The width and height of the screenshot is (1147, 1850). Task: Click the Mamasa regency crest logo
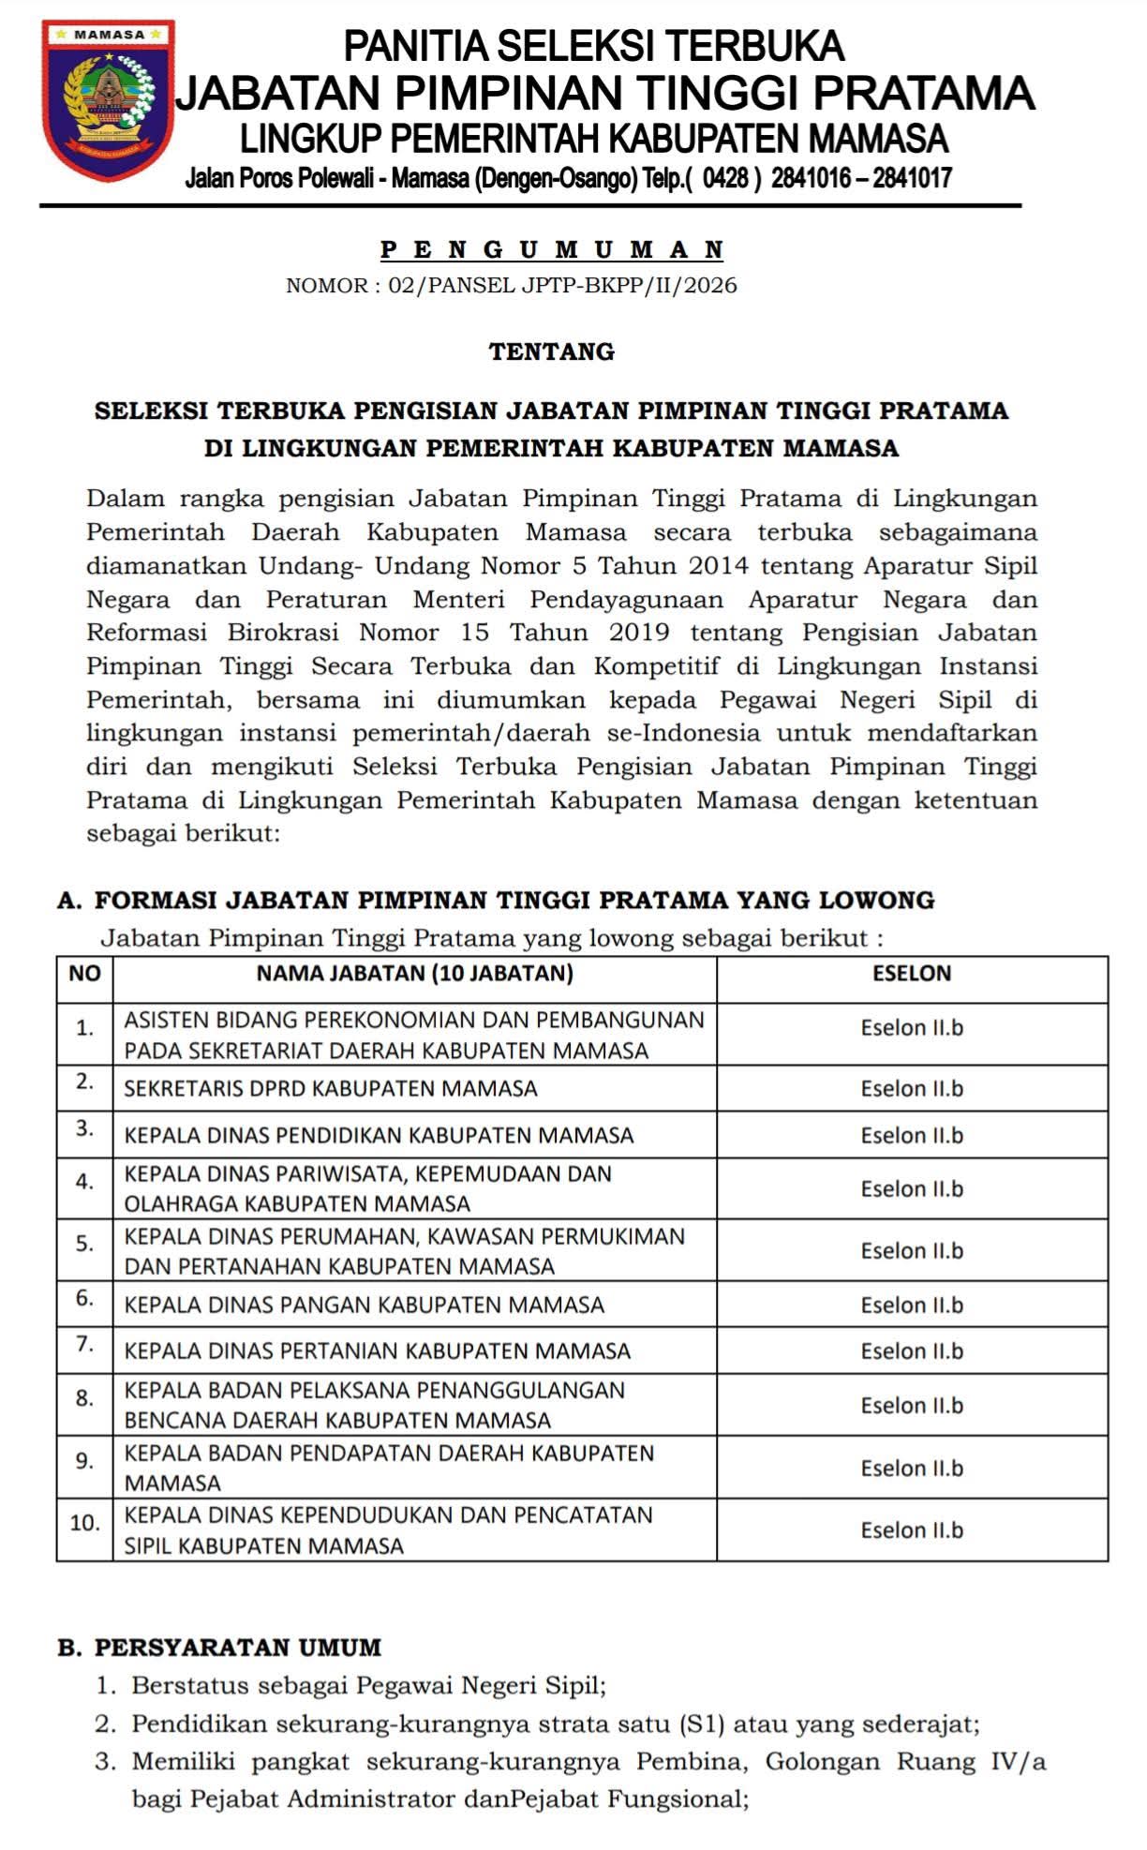(108, 98)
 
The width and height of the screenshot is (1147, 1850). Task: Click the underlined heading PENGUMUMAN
(552, 250)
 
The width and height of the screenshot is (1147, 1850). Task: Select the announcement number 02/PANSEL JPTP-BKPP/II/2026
(563, 286)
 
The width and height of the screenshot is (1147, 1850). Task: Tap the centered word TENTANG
(552, 352)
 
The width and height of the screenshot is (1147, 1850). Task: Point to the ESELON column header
(911, 974)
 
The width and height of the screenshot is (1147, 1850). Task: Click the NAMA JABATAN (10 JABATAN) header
(414, 974)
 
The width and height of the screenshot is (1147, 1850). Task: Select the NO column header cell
(84, 974)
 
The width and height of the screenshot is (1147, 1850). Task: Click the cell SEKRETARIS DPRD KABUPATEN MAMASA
(331, 1089)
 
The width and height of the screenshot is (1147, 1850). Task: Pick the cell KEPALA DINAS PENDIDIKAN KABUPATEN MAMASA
(379, 1136)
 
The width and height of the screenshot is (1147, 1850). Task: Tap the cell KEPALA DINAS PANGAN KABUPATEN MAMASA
(364, 1305)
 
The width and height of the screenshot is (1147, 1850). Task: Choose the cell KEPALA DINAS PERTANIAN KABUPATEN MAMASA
(377, 1351)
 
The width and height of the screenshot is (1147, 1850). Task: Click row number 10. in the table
(84, 1523)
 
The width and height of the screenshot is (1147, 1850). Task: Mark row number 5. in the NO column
(84, 1244)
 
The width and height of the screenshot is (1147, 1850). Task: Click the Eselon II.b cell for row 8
(912, 1406)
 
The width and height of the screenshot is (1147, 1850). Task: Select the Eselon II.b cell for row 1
(912, 1028)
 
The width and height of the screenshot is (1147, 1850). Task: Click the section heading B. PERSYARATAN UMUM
(219, 1648)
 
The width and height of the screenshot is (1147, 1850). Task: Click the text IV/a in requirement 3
(1018, 1762)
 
